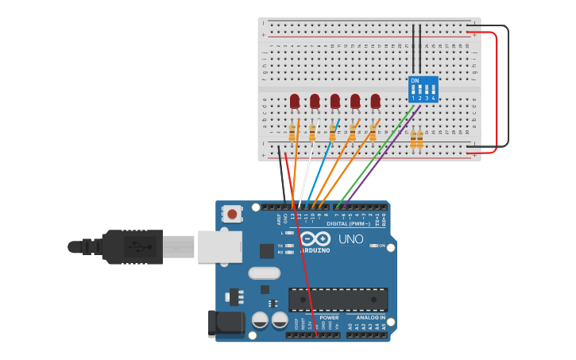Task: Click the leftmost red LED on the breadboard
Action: coord(295,101)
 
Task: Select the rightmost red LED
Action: coord(375,101)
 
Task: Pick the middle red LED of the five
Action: coord(334,101)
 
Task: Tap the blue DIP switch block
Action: coord(423,89)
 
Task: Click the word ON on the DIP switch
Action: coord(414,81)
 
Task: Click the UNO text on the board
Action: coord(350,239)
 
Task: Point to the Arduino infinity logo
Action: coord(315,238)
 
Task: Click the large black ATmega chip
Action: coord(338,300)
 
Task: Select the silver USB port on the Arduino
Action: coord(219,246)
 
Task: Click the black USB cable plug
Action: coord(132,246)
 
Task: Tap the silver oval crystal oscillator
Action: coord(264,273)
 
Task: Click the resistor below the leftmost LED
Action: coord(292,132)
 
